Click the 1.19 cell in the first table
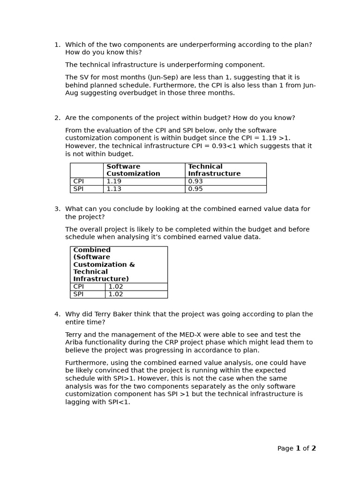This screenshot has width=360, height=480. click(x=114, y=181)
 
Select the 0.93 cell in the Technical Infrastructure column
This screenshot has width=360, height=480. click(x=195, y=181)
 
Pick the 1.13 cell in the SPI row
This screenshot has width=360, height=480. click(x=114, y=189)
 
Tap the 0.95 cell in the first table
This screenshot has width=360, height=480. click(x=195, y=189)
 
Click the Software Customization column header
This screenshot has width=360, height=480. click(x=133, y=170)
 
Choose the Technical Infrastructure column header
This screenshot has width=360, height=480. click(x=214, y=170)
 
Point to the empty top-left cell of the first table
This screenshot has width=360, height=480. click(x=87, y=170)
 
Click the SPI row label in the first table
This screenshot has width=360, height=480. click(x=78, y=189)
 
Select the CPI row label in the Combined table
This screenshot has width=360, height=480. click(x=78, y=286)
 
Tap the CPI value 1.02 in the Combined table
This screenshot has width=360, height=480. click(x=116, y=286)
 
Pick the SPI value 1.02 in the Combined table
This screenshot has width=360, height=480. click(x=116, y=294)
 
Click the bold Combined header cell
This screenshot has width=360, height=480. click(x=104, y=264)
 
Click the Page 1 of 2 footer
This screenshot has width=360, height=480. click(x=296, y=449)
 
